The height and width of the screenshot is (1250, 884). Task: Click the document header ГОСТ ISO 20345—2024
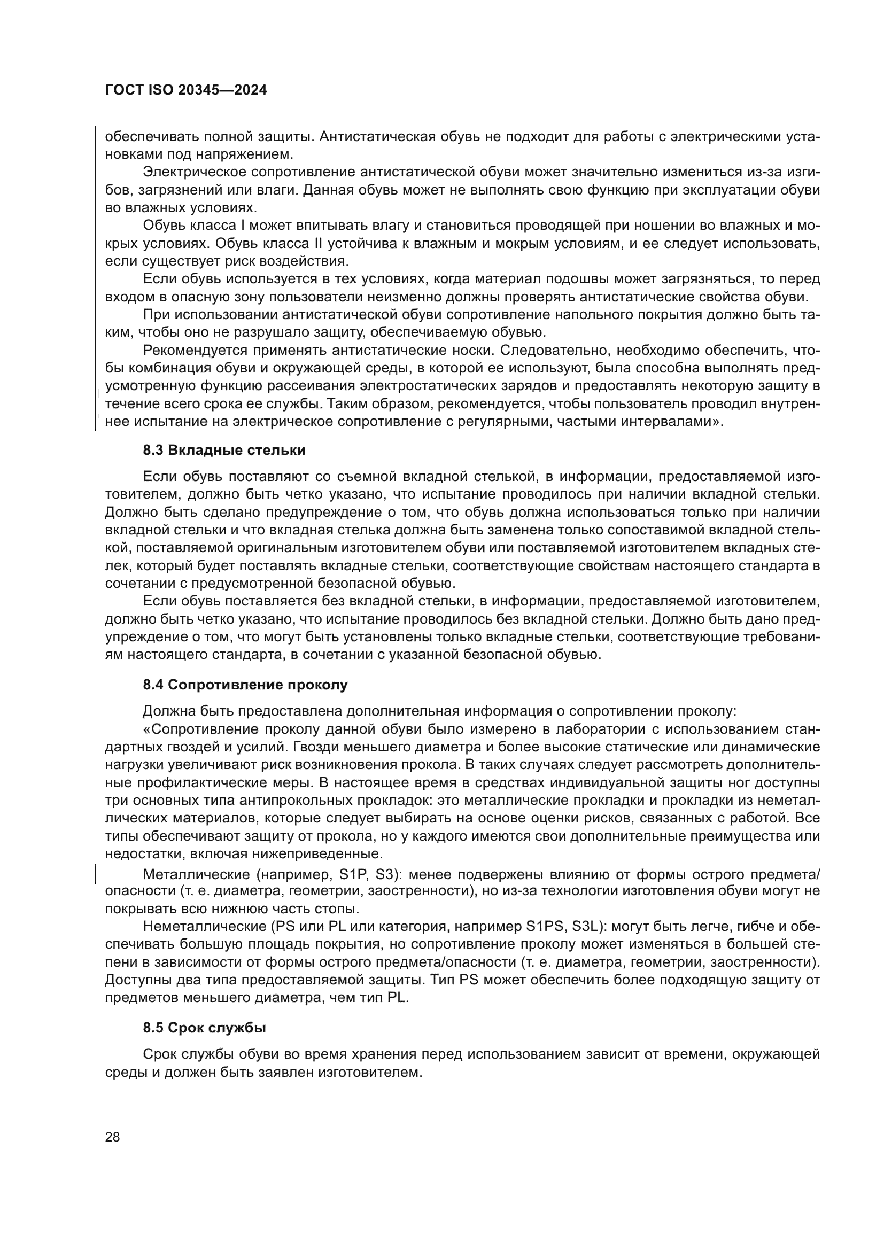point(185,90)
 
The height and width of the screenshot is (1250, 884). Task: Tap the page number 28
point(112,1137)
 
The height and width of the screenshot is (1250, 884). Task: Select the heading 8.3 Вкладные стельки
point(224,450)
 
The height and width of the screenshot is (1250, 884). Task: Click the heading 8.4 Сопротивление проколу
point(245,685)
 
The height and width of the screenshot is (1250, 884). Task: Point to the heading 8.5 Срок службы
point(204,1028)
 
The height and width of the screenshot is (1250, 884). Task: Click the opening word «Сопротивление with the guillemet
point(200,729)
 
